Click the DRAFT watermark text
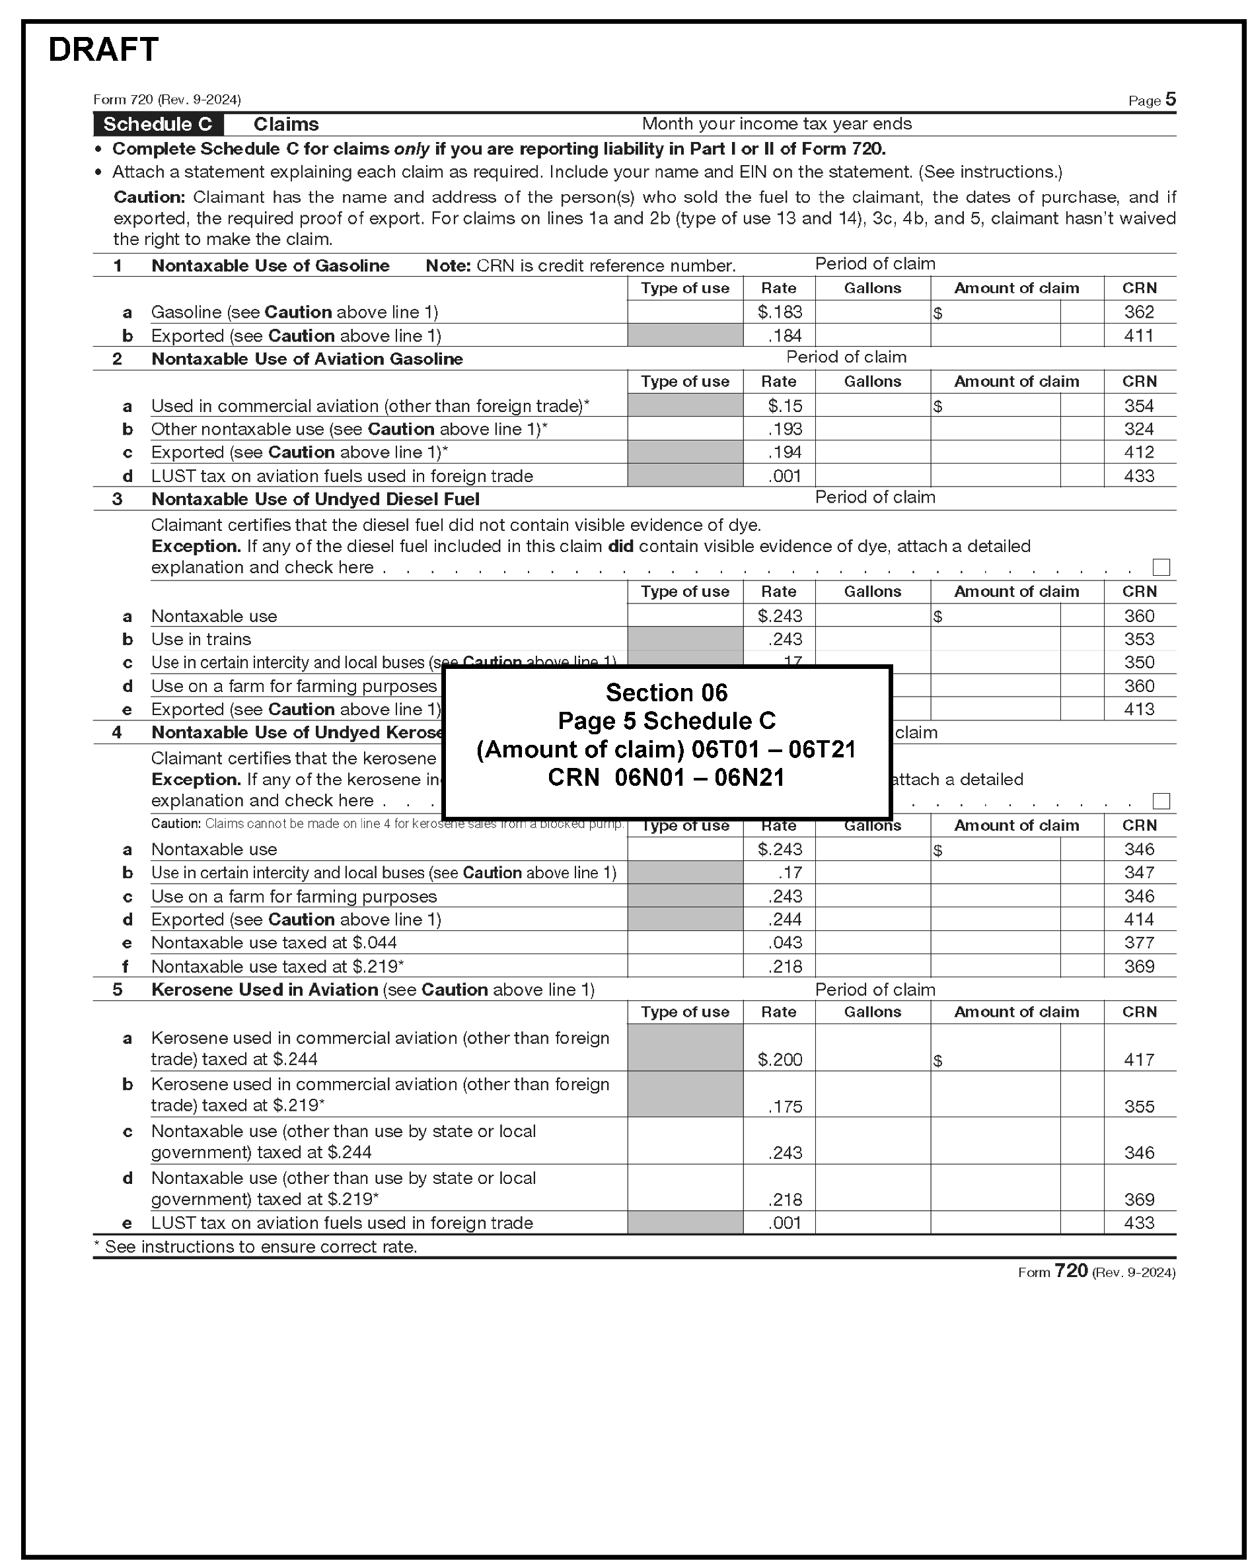click(103, 50)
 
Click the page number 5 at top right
click(1171, 99)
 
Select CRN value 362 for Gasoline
click(1138, 312)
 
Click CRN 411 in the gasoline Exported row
click(1138, 336)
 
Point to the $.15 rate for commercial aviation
click(785, 406)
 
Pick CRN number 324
click(1138, 429)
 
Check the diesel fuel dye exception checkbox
click(1161, 567)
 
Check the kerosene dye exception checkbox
click(1161, 801)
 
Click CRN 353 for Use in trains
click(1138, 639)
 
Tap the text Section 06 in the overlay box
click(667, 693)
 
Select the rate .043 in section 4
click(785, 943)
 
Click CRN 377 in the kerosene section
click(1138, 943)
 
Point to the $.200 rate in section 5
click(780, 1060)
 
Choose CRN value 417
click(1138, 1060)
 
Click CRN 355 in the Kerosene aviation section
click(1138, 1106)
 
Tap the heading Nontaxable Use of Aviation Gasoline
click(307, 359)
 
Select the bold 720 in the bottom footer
click(1070, 1271)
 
